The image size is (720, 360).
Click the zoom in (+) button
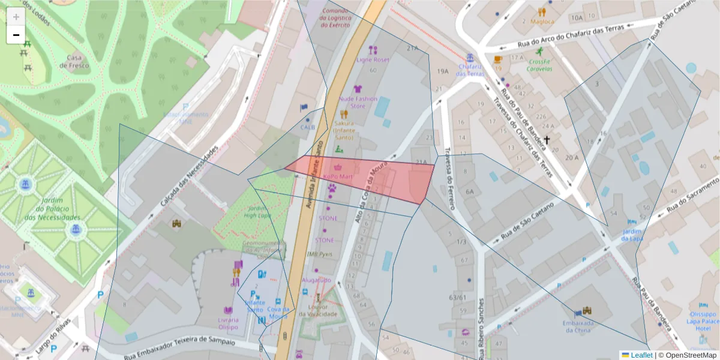point(16,17)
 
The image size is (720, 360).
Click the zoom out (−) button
point(16,35)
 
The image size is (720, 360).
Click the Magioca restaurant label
point(542,22)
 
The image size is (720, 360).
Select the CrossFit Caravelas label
point(539,65)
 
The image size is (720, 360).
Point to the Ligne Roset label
point(373,60)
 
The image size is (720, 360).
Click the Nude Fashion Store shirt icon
point(358,89)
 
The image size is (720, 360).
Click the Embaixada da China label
point(578,326)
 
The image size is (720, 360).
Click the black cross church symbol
point(547,139)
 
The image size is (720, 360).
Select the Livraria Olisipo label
point(228,323)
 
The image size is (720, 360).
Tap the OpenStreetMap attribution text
point(691,355)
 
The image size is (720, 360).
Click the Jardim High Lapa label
point(258,211)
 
